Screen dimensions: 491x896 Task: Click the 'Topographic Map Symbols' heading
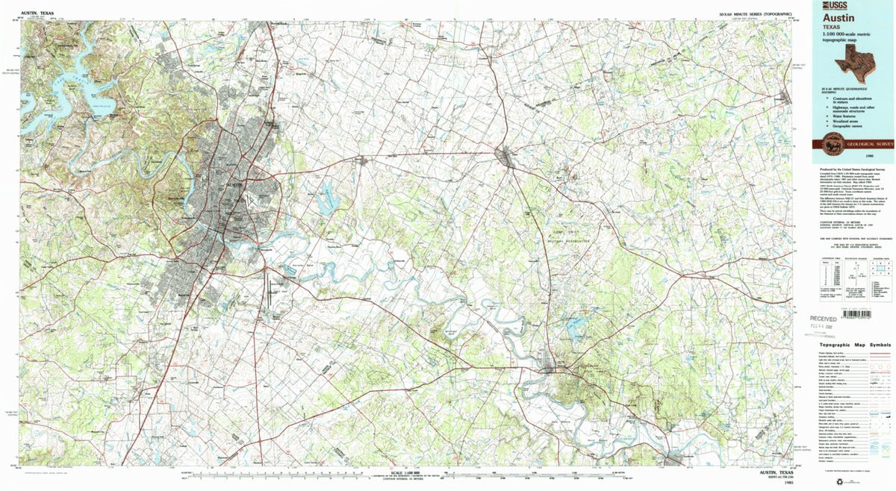click(855, 345)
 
